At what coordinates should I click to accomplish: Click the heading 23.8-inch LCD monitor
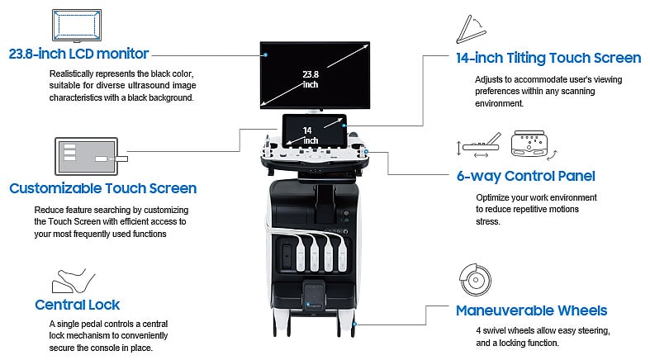(78, 54)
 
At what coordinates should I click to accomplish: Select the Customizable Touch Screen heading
(102, 188)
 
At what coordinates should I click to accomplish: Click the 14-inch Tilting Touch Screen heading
(548, 58)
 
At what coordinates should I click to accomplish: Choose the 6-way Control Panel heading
(525, 176)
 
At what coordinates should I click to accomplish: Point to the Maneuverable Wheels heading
(531, 311)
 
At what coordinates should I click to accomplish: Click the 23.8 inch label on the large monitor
(311, 78)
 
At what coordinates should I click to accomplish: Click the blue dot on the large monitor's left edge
(266, 55)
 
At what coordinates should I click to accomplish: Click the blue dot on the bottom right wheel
(354, 325)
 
